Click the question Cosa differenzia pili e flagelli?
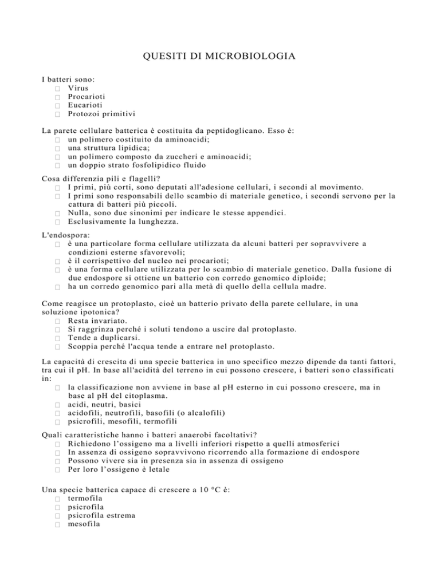[96, 179]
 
